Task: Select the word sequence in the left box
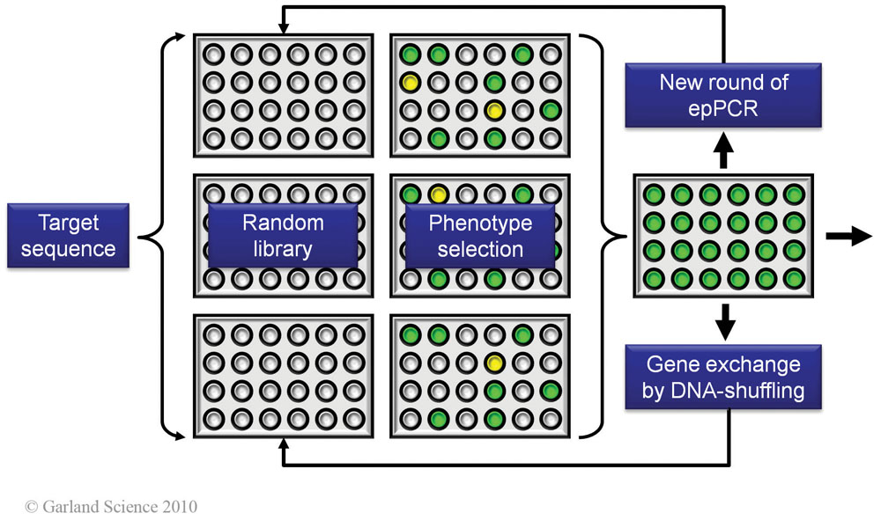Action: pos(69,248)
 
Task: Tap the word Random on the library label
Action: pos(284,223)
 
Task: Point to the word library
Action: pos(284,249)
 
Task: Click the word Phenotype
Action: pos(480,223)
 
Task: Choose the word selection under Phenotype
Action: pos(480,249)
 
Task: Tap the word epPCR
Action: pos(724,109)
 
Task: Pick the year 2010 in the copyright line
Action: pos(178,508)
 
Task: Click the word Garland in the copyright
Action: pos(69,508)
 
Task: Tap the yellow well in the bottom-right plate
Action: pos(495,362)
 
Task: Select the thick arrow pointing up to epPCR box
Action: pos(724,153)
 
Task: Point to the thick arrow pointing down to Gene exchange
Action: pos(724,322)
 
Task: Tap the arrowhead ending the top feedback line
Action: pos(284,15)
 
